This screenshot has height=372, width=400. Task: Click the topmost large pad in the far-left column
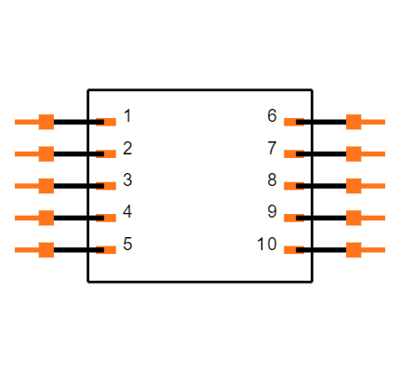(46, 122)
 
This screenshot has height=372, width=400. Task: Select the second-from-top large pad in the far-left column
(46, 153)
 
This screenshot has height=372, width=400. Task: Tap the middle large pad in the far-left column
(46, 186)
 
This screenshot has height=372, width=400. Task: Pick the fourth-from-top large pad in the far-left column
(46, 218)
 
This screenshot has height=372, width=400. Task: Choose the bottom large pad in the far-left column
(46, 249)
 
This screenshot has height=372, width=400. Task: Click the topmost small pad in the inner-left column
(109, 122)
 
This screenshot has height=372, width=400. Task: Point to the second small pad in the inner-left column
(109, 153)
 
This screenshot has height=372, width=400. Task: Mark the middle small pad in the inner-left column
(109, 186)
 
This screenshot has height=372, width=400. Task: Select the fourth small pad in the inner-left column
(109, 218)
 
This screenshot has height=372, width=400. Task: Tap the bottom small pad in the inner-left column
(109, 249)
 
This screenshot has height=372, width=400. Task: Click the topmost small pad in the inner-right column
(291, 122)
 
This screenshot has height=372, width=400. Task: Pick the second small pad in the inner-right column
(291, 153)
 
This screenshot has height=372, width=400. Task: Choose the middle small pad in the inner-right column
(291, 186)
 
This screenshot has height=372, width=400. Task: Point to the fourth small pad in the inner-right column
(291, 218)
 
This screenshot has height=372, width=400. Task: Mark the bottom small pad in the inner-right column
(291, 249)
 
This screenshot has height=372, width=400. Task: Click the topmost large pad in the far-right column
(354, 122)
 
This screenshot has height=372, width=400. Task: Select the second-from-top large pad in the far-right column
(354, 153)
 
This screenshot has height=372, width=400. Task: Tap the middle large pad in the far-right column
(354, 186)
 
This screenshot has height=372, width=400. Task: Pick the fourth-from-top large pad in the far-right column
(354, 218)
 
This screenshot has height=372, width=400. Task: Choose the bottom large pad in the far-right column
(354, 249)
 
